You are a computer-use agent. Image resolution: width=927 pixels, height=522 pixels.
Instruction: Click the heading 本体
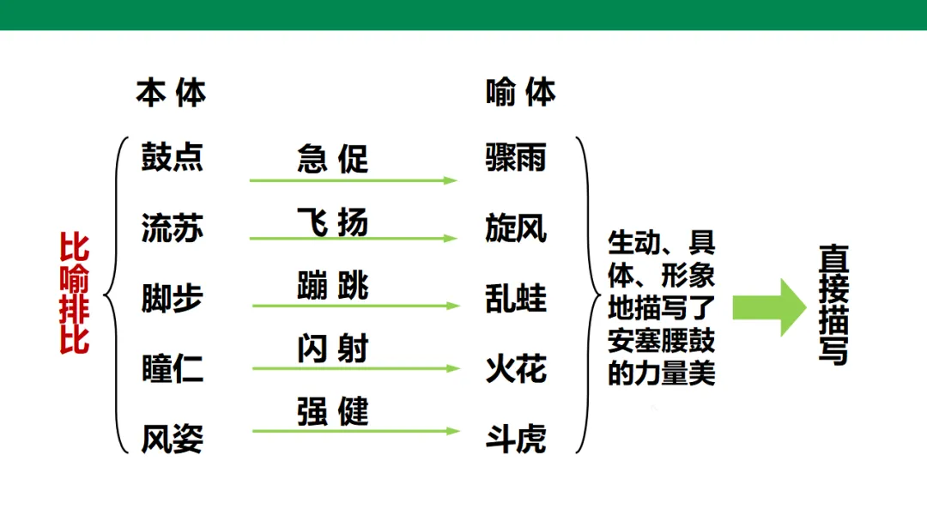pos(171,93)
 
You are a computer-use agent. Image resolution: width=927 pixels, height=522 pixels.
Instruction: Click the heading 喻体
pos(520,93)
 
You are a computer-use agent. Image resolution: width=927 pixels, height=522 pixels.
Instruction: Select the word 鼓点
pos(172,158)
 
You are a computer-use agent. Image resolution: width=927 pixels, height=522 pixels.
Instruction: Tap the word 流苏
pos(172,229)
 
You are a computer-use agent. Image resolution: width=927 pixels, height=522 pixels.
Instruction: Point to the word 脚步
pos(172,299)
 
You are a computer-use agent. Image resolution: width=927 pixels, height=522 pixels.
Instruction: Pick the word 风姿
pos(172,440)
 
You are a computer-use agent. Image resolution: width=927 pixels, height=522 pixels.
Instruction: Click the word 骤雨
pos(515,158)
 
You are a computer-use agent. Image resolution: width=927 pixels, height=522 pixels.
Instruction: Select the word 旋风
pos(515,229)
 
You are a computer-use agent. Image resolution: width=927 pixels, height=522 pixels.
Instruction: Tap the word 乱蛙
pos(515,299)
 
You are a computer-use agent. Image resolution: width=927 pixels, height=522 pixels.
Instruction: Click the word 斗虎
pos(515,440)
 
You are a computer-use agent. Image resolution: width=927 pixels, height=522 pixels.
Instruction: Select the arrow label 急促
pos(332,159)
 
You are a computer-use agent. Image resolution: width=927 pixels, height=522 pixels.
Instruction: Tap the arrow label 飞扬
pos(332,222)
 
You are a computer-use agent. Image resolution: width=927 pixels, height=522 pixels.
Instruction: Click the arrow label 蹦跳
pos(332,286)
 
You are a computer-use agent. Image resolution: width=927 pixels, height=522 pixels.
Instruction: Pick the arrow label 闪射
pos(332,349)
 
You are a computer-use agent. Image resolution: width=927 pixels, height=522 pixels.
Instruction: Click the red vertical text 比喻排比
pos(74,293)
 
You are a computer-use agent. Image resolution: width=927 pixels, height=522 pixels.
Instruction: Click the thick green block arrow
pos(768,307)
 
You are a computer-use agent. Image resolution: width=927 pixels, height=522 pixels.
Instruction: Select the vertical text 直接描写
pos(833,305)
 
